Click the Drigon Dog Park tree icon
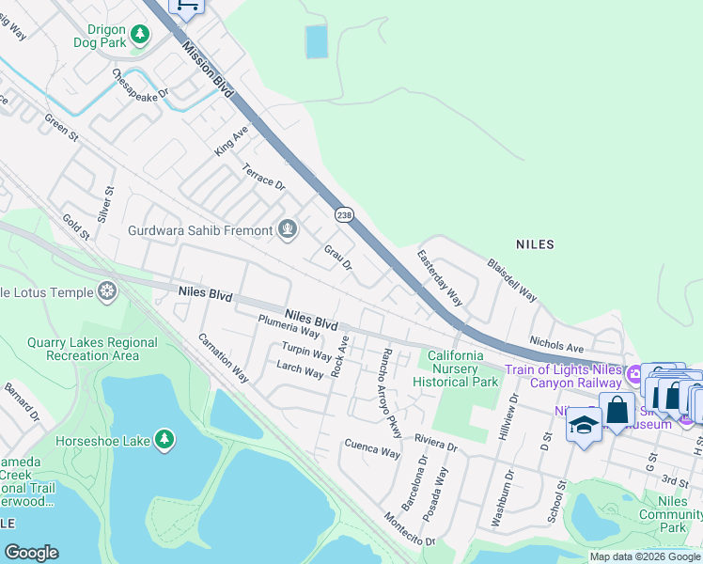click(x=140, y=35)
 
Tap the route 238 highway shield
click(x=344, y=215)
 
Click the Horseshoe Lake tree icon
click(x=164, y=439)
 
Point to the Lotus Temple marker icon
click(x=108, y=292)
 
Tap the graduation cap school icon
click(x=583, y=425)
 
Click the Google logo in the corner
click(x=32, y=553)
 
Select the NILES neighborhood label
click(x=535, y=244)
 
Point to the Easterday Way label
click(x=440, y=277)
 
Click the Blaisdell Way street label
click(x=512, y=280)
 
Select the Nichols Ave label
click(x=556, y=336)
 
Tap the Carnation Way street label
click(x=224, y=357)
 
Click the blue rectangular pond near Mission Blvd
click(x=317, y=41)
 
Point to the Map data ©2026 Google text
click(x=644, y=556)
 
